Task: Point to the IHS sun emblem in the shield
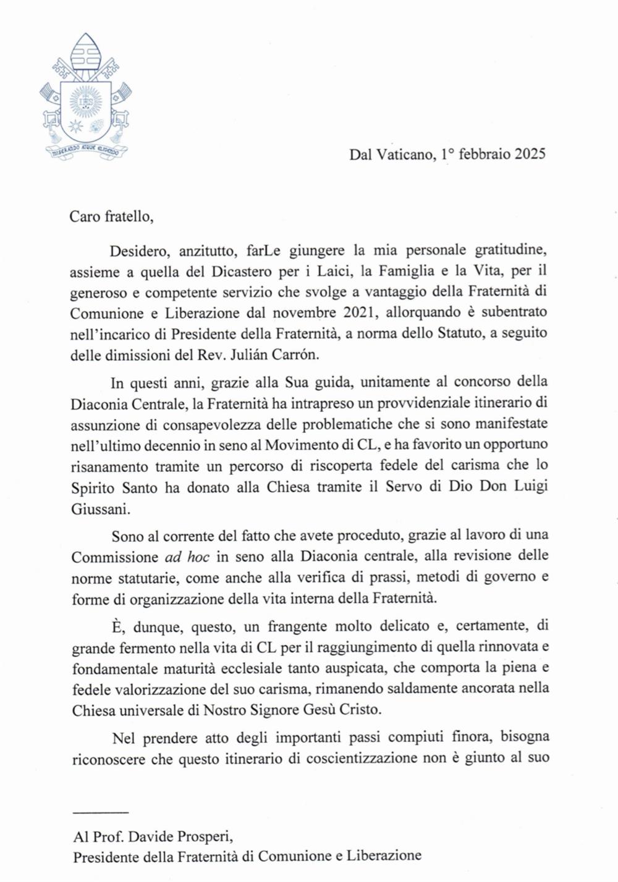(x=85, y=100)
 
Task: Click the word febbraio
(x=482, y=154)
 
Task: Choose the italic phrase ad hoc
(x=187, y=556)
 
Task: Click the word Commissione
(x=114, y=556)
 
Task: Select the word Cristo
(x=356, y=709)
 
